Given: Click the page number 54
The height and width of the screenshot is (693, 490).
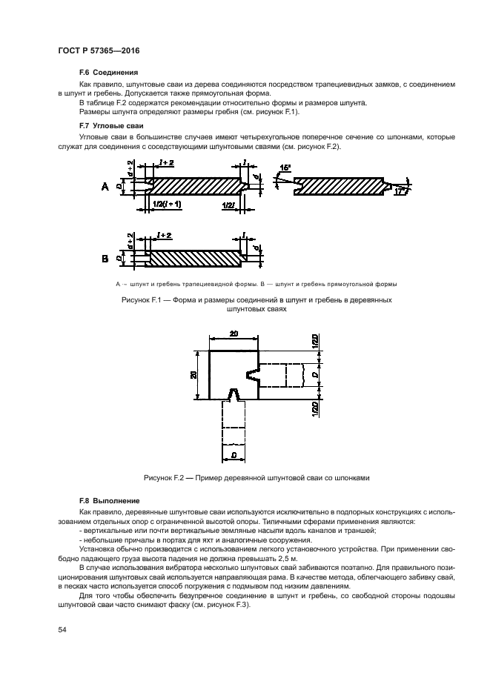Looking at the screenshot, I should pos(62,629).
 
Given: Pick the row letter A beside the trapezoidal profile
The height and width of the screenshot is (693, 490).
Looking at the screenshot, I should pos(105,188).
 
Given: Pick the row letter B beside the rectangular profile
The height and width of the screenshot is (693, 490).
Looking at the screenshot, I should pos(105,259).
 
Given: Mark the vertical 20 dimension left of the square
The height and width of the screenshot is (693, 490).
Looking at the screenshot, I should pos(193,375).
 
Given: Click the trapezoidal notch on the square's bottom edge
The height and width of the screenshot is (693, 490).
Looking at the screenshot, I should pos(234,394).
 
